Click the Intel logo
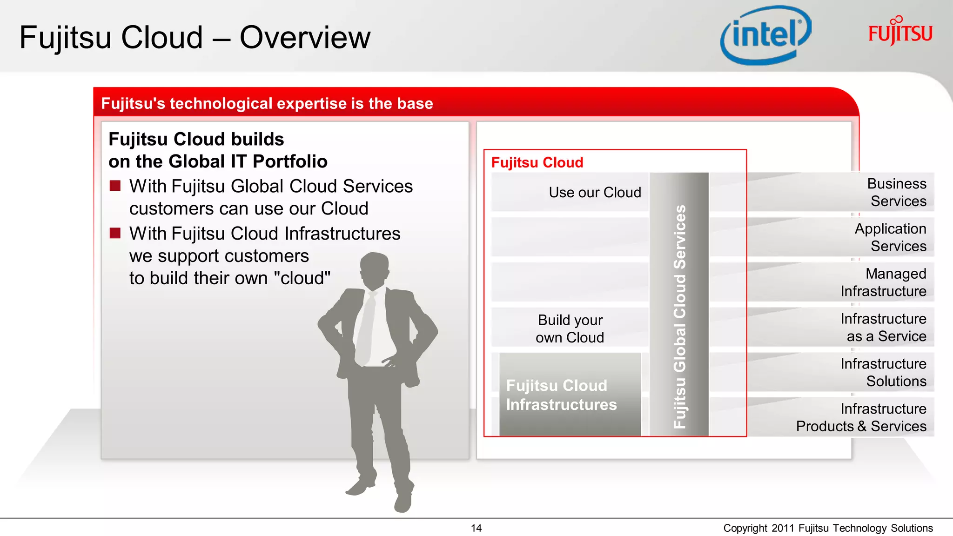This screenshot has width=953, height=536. [766, 35]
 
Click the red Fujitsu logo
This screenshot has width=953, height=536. [900, 33]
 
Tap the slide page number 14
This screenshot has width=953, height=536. [476, 528]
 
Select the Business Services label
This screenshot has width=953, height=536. [897, 192]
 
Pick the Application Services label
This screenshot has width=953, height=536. [890, 237]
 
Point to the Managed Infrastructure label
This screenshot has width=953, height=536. [883, 282]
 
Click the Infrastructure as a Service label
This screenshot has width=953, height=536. [883, 327]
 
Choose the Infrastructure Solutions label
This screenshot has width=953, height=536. [883, 372]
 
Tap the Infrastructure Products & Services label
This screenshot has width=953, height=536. [861, 417]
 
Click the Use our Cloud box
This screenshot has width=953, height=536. [594, 192]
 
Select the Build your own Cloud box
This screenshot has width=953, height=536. [570, 328]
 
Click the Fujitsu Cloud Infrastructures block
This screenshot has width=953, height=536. [561, 395]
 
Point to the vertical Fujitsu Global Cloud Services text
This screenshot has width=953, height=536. [679, 316]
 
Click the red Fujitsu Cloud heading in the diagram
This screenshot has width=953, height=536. [537, 162]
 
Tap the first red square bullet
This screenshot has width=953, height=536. [115, 186]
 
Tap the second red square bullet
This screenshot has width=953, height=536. [115, 233]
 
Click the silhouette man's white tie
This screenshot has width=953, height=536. [366, 326]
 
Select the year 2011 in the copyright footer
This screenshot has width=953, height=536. [783, 528]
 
